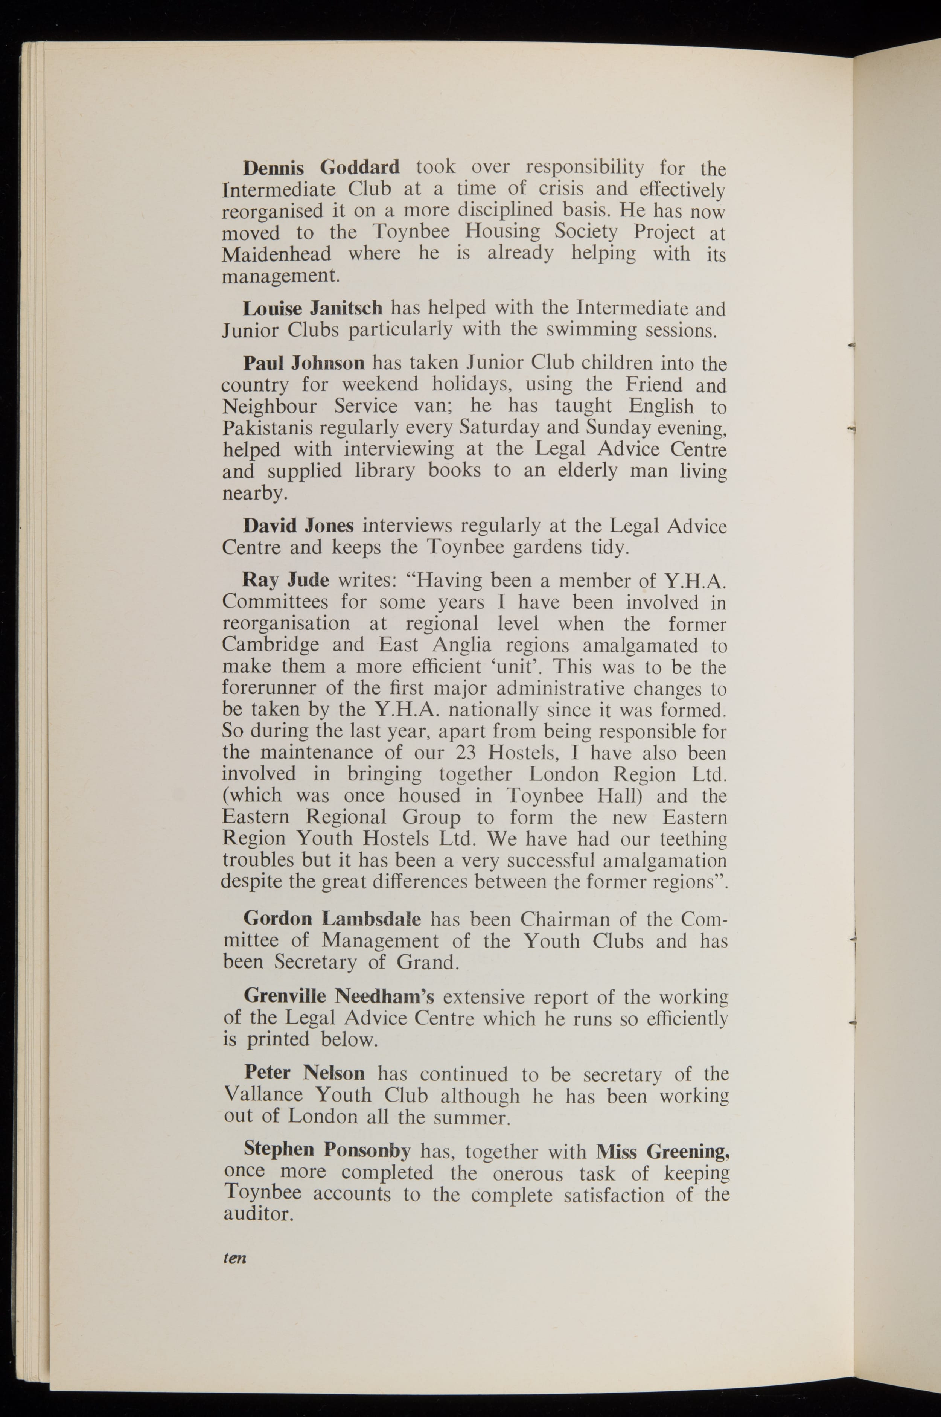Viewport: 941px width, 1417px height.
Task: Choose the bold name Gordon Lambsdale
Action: pos(332,918)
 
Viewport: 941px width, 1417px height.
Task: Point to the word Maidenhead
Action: pos(276,254)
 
